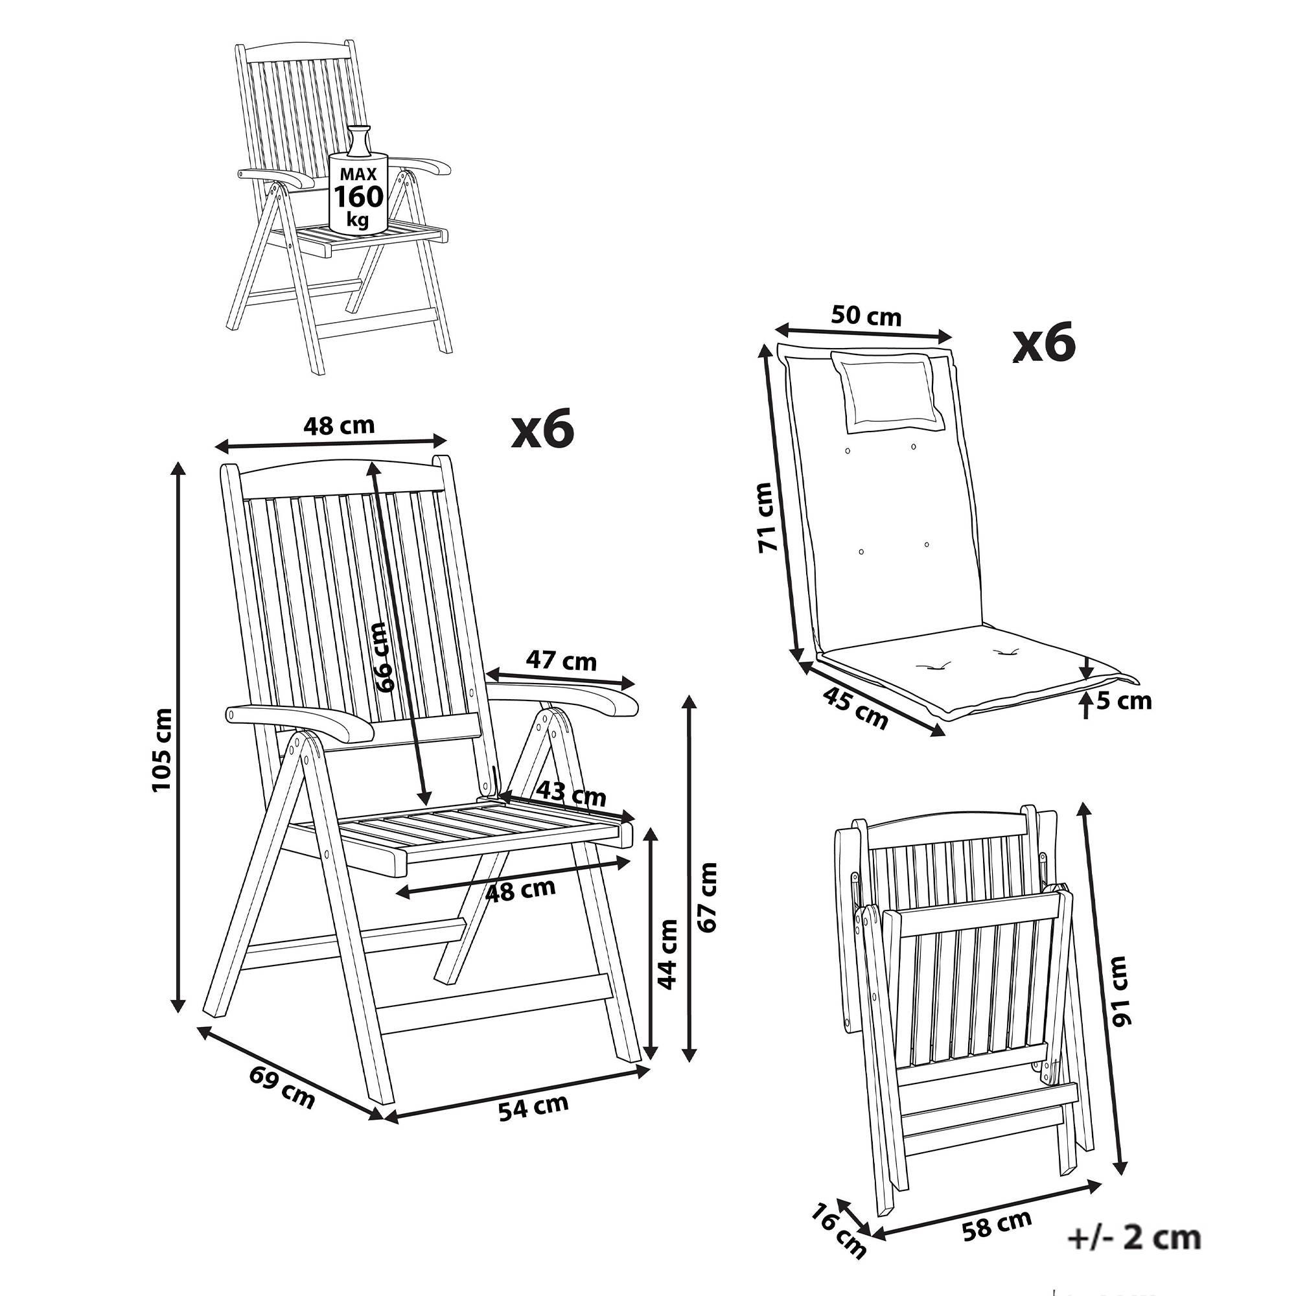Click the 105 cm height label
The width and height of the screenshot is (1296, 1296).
coord(163,749)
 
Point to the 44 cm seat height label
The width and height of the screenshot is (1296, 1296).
coord(667,953)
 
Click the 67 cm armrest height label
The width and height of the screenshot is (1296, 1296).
coord(707,897)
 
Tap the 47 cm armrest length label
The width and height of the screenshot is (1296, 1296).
coord(561,661)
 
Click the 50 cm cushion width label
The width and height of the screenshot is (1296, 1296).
coord(866,316)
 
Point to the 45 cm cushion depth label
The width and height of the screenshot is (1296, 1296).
coord(855,708)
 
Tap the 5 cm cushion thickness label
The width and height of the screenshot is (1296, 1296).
coord(1124,700)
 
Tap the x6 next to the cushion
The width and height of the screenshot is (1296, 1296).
coord(1044,342)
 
